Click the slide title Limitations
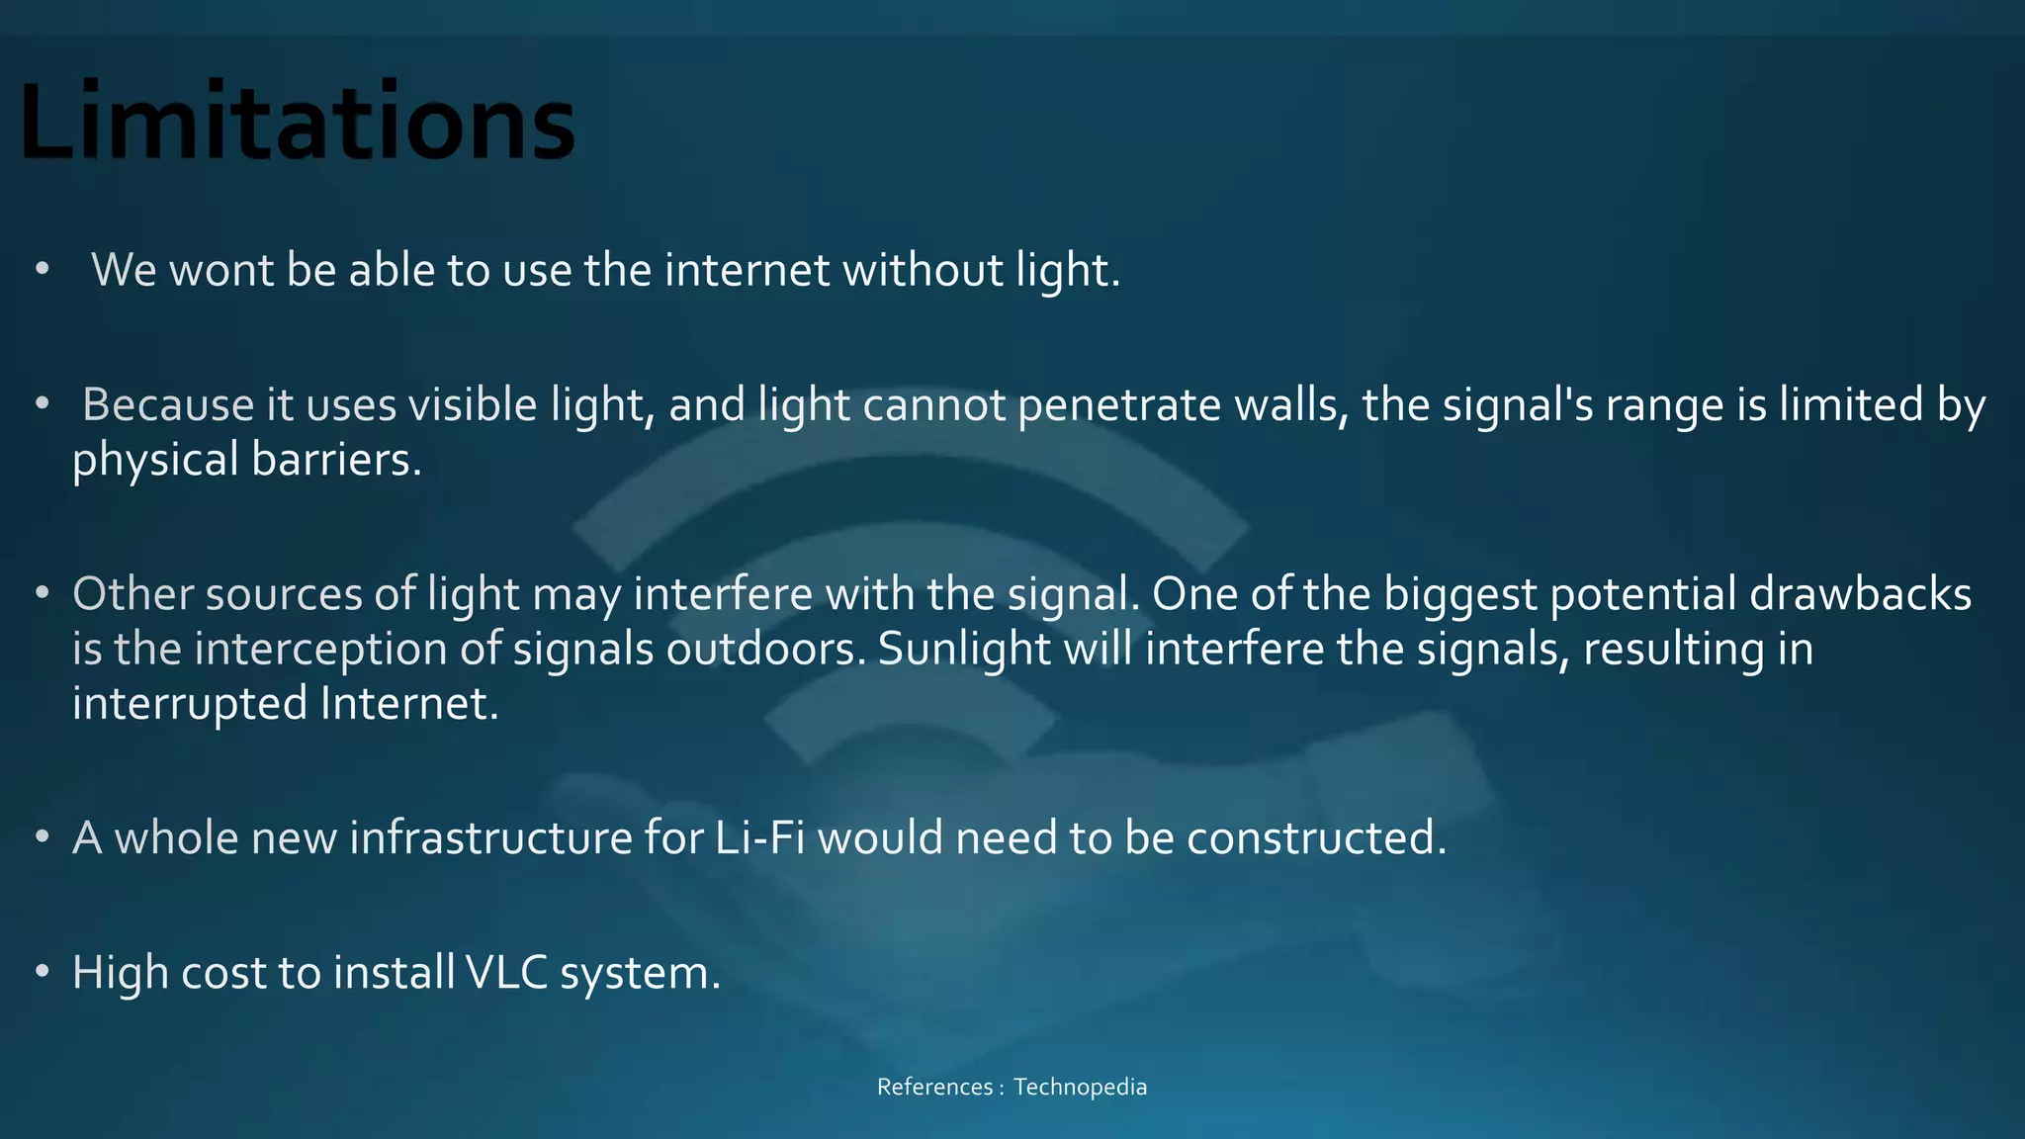click(x=297, y=122)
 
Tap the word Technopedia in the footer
click(x=1080, y=1087)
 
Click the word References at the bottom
click(x=934, y=1087)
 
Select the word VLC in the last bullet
click(x=506, y=972)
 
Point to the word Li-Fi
click(x=759, y=837)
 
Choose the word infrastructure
click(x=490, y=837)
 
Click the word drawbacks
click(x=1860, y=594)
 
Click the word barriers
click(x=335, y=460)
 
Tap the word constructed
click(x=1316, y=837)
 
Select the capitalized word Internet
click(x=409, y=704)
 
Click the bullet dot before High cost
click(x=42, y=972)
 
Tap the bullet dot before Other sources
click(x=42, y=593)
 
